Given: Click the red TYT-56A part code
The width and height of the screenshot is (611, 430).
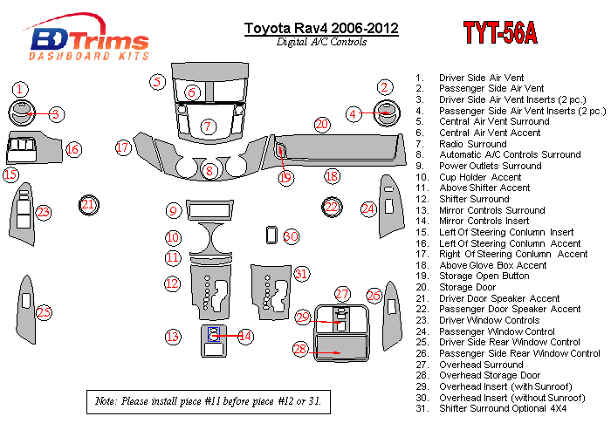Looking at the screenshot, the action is point(500,32).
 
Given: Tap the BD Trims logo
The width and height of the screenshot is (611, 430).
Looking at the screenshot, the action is point(87,38).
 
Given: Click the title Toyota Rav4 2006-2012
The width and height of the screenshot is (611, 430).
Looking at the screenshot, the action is point(321,28).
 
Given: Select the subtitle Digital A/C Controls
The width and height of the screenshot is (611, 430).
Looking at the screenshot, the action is point(321,42).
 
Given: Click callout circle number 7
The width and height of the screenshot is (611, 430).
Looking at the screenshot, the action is point(208,126).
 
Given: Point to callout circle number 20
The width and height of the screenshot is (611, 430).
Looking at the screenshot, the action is point(322,125).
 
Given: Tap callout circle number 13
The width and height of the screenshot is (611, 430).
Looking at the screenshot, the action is point(173,337).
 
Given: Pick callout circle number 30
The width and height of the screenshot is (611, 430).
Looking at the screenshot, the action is point(291,236).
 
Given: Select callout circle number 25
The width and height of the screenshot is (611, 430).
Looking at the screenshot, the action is point(44,312).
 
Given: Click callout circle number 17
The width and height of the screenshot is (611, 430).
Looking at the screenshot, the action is point(123,147).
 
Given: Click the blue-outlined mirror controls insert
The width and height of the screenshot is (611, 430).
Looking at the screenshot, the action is point(214,334).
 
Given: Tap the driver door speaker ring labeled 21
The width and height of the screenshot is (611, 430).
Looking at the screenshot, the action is point(89,205).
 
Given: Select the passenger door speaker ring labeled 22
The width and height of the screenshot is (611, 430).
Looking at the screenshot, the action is point(332,207).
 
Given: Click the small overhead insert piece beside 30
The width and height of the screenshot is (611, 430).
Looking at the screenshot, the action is point(271,235).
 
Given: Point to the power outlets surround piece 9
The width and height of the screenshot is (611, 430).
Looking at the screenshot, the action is point(209,210).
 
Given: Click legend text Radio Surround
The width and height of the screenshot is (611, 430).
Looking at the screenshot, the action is point(473,144).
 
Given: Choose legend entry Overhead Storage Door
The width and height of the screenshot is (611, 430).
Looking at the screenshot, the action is point(490,375).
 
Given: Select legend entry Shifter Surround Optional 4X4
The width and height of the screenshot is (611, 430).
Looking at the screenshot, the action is point(503,408).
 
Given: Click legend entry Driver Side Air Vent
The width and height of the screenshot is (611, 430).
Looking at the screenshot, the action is point(481,78).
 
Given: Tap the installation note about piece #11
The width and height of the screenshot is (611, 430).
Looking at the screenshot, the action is point(209,401).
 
